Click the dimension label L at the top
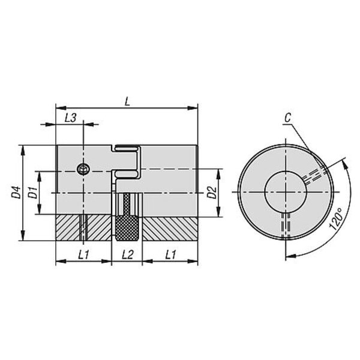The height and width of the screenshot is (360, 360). click(x=127, y=102)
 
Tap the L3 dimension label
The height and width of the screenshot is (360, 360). click(x=70, y=118)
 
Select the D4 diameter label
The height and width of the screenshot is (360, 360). click(x=17, y=193)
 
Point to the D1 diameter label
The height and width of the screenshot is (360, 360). click(x=32, y=193)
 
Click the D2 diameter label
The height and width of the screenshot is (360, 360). click(x=212, y=193)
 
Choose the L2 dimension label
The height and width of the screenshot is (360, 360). click(x=128, y=254)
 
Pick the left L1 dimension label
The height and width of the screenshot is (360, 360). click(x=83, y=254)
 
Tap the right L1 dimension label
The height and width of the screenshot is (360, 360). click(x=170, y=254)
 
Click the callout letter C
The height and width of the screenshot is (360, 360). click(x=287, y=118)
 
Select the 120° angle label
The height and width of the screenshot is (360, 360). click(x=336, y=219)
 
